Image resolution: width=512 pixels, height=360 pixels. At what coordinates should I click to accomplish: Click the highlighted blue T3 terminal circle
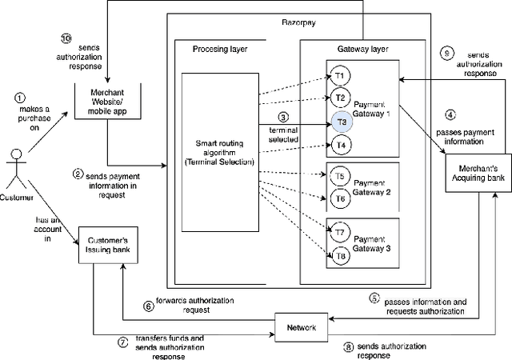[x=340, y=122]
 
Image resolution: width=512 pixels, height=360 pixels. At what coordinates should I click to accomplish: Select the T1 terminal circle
[x=339, y=77]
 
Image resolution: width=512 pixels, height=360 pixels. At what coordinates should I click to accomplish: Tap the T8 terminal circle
[x=340, y=256]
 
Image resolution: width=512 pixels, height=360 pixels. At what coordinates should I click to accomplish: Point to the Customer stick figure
[x=14, y=164]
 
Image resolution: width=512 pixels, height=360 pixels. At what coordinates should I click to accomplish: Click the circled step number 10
[x=67, y=38]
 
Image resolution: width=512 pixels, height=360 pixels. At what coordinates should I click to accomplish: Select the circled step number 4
[x=450, y=114]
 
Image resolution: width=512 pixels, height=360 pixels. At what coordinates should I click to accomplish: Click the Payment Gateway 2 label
[x=371, y=186]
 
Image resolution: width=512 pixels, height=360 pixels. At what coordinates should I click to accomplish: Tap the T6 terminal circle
[x=340, y=198]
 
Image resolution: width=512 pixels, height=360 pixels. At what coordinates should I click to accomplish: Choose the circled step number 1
[x=20, y=97]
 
